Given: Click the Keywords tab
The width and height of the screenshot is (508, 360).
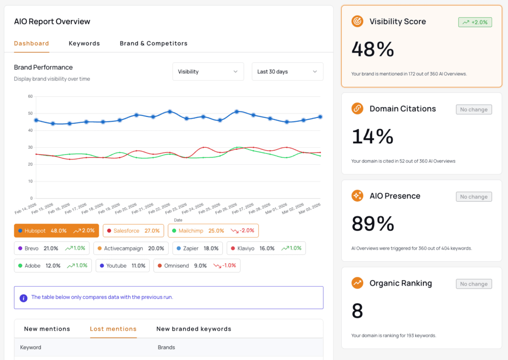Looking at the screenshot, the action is [84, 43].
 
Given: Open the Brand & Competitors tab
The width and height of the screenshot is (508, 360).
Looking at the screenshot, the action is [154, 43].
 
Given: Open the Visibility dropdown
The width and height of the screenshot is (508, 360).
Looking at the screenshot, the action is [208, 71].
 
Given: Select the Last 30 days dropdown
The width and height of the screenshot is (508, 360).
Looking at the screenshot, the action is [287, 71].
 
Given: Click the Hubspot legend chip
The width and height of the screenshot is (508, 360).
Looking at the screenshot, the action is [57, 231].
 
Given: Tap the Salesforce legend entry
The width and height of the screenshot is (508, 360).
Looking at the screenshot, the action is [133, 231].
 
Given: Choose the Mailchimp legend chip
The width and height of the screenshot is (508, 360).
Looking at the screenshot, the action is [213, 231].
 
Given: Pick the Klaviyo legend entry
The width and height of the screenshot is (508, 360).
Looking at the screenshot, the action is [266, 248].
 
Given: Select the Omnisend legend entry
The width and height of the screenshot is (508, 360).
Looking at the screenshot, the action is [196, 265].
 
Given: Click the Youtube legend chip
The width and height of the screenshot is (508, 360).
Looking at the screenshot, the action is [123, 265].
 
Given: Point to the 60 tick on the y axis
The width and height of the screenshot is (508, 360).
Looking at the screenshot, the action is [30, 96].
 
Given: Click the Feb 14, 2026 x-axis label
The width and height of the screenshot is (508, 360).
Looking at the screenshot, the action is [26, 209].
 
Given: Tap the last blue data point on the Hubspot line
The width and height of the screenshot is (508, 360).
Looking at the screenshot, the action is [320, 117].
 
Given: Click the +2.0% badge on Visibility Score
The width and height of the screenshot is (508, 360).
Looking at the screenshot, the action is [475, 22].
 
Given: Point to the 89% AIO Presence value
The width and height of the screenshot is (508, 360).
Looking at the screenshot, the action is [373, 224].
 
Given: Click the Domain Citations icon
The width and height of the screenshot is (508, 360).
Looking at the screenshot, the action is [357, 109].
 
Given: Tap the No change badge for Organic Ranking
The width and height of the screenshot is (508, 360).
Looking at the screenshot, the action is [474, 284].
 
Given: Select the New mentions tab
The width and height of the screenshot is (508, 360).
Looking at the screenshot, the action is [47, 329].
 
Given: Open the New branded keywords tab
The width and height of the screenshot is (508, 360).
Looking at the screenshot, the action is [194, 329].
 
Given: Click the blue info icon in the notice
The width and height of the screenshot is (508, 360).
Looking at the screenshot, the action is [23, 298].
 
